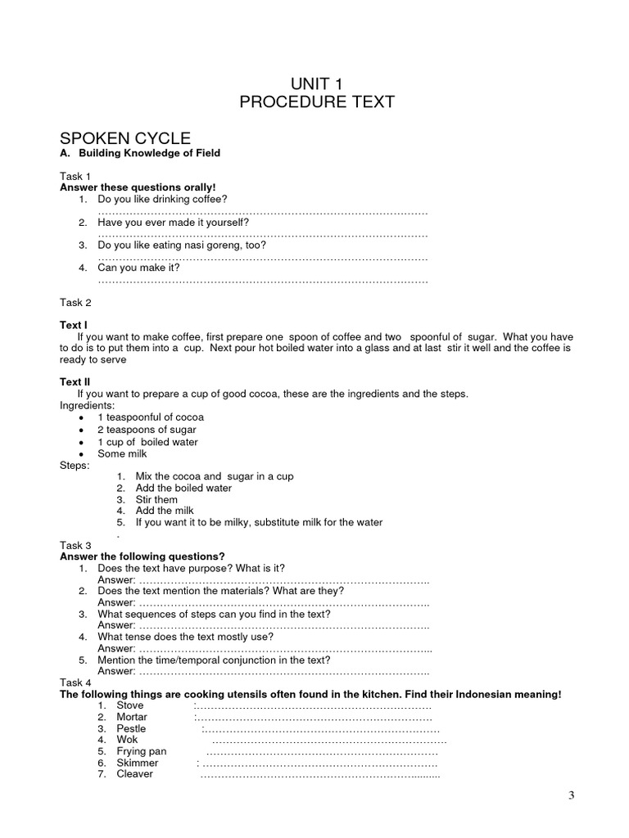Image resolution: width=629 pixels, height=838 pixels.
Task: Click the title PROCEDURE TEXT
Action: [x=316, y=102]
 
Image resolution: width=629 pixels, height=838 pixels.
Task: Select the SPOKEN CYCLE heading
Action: [x=125, y=138]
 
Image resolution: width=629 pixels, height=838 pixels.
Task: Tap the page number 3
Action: [x=572, y=795]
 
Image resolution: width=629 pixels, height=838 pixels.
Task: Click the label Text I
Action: [x=74, y=325]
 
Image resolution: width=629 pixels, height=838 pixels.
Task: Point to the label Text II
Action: [x=75, y=381]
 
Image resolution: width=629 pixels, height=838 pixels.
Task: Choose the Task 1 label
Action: [x=75, y=176]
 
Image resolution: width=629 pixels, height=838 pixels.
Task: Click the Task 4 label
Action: [x=75, y=683]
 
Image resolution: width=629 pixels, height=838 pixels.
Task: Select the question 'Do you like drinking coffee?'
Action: [x=162, y=200]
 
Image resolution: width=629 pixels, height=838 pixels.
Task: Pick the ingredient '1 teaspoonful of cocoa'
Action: [x=151, y=417]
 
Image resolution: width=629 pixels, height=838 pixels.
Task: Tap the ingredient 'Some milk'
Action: [x=122, y=454]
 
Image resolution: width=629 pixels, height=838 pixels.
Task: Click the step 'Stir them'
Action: [x=156, y=499]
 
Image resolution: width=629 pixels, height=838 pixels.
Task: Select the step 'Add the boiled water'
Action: [x=183, y=488]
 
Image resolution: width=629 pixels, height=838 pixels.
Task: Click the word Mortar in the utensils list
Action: [x=132, y=717]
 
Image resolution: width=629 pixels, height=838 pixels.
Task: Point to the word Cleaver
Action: [x=134, y=773]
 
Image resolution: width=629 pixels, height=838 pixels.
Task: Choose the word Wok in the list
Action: [x=127, y=740]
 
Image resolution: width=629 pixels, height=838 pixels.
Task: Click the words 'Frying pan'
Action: [x=142, y=751]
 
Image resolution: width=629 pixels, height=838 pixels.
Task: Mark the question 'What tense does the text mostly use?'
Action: [x=185, y=637]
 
